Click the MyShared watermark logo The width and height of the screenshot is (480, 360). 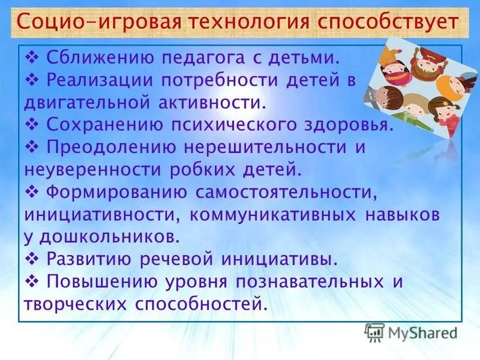(411, 332)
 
